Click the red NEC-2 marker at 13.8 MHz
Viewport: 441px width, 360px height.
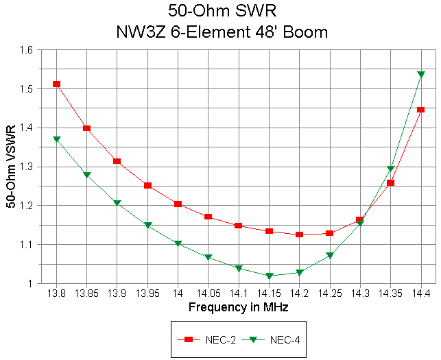point(56,84)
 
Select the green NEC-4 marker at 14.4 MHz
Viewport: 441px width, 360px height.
point(421,74)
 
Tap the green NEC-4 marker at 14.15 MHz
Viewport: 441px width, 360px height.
point(269,276)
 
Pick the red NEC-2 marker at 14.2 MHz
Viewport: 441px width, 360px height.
point(299,235)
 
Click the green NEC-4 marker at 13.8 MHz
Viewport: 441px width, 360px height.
point(56,139)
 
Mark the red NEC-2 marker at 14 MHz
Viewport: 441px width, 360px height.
point(178,204)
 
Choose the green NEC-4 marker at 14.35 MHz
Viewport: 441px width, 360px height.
point(390,169)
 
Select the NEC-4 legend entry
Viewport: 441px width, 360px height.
point(261,339)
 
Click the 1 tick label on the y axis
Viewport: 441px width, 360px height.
point(29,283)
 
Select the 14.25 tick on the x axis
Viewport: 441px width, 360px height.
point(330,293)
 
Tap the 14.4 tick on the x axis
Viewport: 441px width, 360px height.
point(421,293)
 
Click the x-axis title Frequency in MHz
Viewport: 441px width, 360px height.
point(238,307)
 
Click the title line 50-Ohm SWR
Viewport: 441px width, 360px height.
point(226,11)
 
